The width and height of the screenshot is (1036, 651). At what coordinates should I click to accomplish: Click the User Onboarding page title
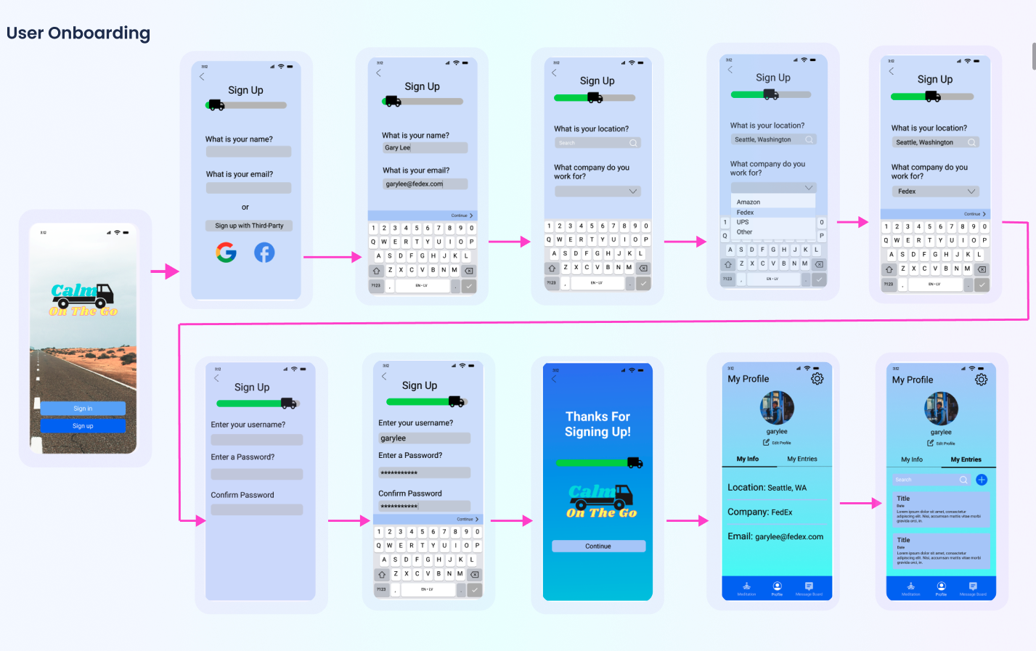click(78, 33)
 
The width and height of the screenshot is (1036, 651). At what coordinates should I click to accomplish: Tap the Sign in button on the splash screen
click(83, 409)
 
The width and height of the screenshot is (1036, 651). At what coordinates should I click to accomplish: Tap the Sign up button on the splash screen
click(83, 426)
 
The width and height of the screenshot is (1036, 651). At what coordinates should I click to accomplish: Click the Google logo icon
click(226, 252)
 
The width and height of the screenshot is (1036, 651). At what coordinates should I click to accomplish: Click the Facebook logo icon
click(264, 252)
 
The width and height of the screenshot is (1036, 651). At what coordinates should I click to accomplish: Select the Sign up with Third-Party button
click(249, 226)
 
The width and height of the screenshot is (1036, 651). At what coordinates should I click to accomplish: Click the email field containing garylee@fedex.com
click(425, 184)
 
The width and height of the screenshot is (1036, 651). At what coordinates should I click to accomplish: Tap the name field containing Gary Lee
click(425, 147)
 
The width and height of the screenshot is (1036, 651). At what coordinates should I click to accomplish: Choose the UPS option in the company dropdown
click(743, 222)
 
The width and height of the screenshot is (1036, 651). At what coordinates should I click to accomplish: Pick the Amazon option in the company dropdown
click(749, 202)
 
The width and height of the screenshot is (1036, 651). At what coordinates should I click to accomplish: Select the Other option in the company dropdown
click(745, 232)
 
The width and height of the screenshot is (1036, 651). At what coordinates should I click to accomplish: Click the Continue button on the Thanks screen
click(598, 546)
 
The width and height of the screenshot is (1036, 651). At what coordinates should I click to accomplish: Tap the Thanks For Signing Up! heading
click(597, 424)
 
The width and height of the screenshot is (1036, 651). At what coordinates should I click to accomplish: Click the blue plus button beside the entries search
click(982, 480)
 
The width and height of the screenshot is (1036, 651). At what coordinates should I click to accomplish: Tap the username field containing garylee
click(424, 438)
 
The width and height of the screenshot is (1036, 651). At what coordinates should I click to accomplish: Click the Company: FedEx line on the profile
click(760, 512)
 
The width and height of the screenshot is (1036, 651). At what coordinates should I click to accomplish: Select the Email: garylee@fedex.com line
click(775, 536)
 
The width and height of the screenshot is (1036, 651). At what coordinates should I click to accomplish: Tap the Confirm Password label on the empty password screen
click(242, 495)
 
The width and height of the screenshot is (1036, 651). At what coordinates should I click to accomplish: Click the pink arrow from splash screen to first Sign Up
click(166, 271)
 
